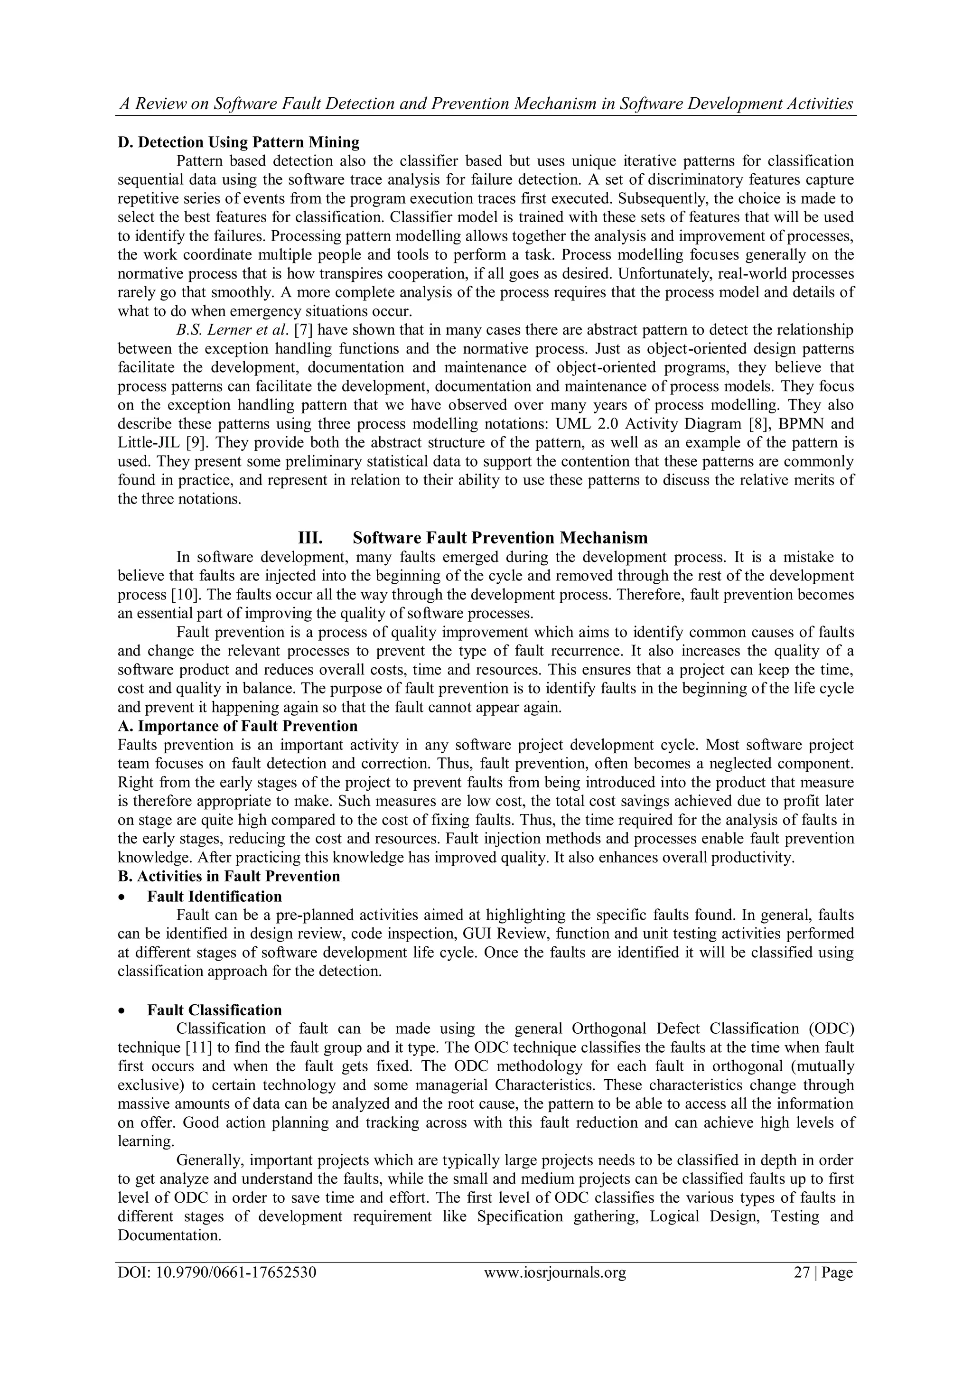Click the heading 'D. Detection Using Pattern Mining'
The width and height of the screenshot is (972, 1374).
point(238,142)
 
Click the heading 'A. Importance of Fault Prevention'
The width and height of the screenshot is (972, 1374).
point(238,726)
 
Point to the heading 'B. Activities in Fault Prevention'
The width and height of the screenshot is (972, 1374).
point(229,876)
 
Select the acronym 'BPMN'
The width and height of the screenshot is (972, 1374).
point(801,424)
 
